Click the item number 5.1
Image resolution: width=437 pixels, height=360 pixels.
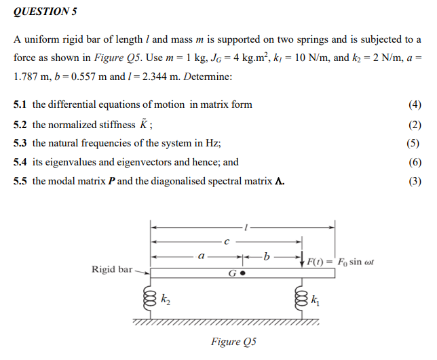[21, 104]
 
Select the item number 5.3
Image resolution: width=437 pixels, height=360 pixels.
[21, 143]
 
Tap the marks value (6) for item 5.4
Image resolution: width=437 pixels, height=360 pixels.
[415, 162]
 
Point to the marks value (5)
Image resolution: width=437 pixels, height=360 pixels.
[415, 143]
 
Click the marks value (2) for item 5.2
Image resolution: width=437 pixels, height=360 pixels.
[415, 124]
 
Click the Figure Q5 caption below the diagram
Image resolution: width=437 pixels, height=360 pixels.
[228, 342]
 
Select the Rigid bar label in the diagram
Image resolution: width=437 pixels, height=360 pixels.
[112, 269]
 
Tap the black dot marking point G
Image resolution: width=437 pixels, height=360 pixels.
[242, 275]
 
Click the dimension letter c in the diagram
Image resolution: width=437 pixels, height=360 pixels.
[227, 241]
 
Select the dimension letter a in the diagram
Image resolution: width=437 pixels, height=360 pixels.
[201, 256]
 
